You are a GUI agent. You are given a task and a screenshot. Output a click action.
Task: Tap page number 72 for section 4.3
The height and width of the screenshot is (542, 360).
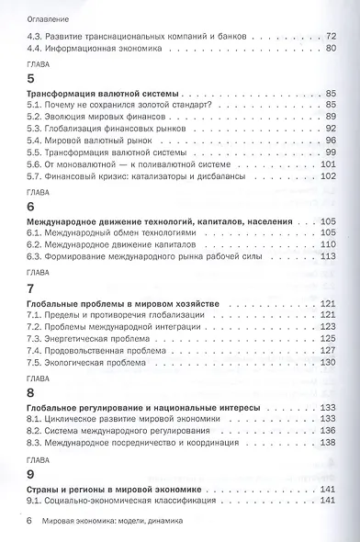[x=332, y=36]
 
